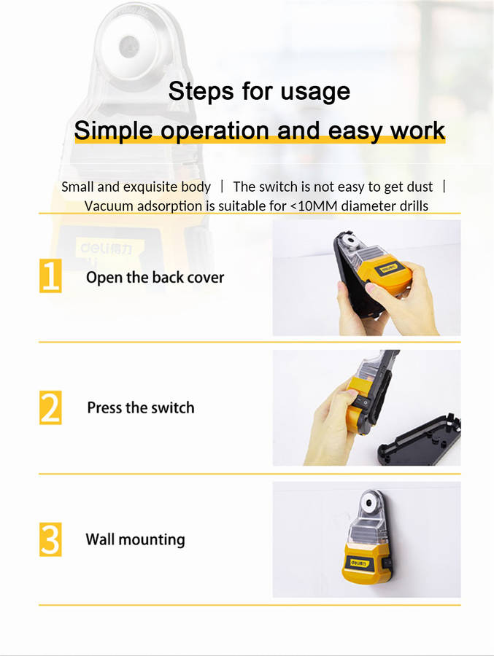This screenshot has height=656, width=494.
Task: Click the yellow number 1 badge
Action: tap(50, 276)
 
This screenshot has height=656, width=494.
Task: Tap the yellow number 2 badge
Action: tap(50, 407)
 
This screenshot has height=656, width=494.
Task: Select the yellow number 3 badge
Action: tap(50, 539)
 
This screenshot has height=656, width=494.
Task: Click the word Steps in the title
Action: tap(201, 92)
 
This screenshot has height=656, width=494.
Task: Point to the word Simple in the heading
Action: tap(114, 131)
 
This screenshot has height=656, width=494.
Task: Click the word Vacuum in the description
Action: tap(109, 206)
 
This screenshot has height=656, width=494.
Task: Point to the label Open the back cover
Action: tap(155, 278)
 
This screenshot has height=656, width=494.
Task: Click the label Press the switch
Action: tap(141, 407)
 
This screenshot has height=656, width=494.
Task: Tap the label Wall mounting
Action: tap(135, 539)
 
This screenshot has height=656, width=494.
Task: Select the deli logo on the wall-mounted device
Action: tap(360, 563)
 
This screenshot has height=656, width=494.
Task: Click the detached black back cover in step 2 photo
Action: tap(419, 440)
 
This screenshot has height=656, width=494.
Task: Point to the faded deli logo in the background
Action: tap(106, 250)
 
